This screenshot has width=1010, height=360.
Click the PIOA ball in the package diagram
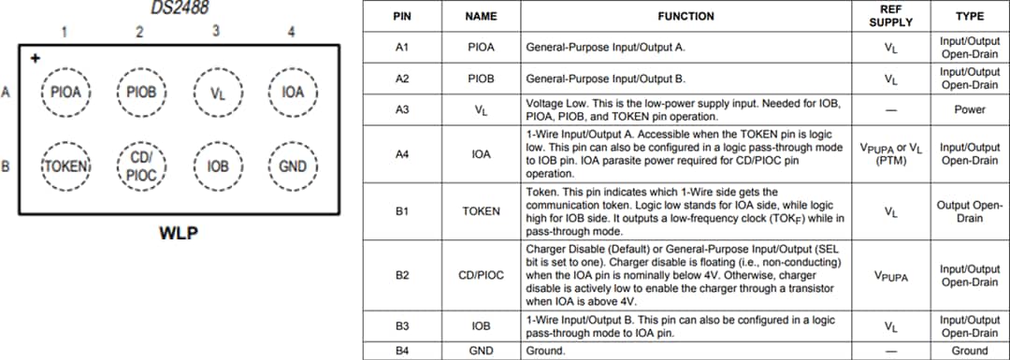(x=65, y=93)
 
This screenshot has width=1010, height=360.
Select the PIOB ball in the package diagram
(x=141, y=93)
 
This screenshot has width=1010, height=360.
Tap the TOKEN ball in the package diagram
(x=65, y=166)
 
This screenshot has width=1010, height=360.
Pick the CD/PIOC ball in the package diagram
(x=141, y=166)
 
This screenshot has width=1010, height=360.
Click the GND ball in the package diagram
(x=293, y=166)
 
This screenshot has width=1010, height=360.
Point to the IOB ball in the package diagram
(x=217, y=166)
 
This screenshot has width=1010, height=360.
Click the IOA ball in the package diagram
(x=293, y=93)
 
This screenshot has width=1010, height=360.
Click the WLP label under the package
(x=178, y=233)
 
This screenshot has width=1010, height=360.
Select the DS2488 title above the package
(x=180, y=7)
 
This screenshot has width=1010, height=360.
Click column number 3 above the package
(x=216, y=30)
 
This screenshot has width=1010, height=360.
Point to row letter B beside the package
(x=6, y=166)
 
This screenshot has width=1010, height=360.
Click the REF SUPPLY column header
(x=889, y=16)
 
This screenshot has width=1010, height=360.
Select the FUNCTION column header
(x=685, y=16)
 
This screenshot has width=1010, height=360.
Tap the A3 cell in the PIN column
(x=402, y=109)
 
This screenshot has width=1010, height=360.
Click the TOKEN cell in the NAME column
(x=481, y=211)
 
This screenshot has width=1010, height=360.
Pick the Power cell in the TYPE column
(x=969, y=109)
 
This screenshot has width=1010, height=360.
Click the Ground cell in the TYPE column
(x=969, y=351)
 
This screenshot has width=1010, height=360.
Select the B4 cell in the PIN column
(x=402, y=351)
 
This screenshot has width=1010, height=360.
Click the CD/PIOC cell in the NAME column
(x=481, y=276)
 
